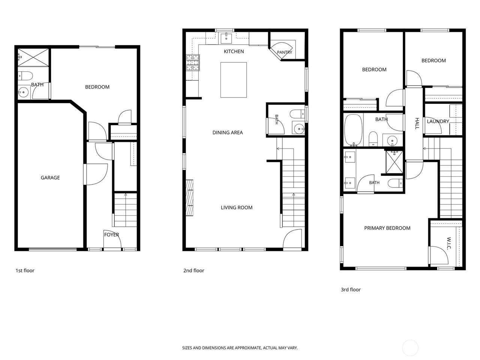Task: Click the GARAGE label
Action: click(x=50, y=177)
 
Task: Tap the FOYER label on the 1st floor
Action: click(x=111, y=235)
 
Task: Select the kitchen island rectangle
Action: click(x=233, y=80)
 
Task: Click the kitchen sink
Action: click(x=226, y=39)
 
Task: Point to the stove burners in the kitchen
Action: click(x=193, y=63)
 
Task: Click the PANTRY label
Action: click(x=284, y=52)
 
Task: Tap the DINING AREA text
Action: click(x=227, y=132)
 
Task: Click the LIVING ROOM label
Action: click(x=236, y=207)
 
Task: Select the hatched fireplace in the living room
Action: click(x=189, y=198)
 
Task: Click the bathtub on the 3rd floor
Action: click(x=353, y=130)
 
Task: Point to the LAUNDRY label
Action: click(x=438, y=121)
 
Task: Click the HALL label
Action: click(x=417, y=123)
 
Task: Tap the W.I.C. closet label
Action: click(x=448, y=243)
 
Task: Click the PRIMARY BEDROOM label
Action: click(x=387, y=228)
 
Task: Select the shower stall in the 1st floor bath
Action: click(x=33, y=57)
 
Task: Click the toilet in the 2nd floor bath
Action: click(x=297, y=114)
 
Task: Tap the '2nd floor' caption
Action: click(x=193, y=270)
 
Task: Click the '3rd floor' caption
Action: click(x=351, y=289)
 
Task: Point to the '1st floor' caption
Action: click(x=25, y=270)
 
